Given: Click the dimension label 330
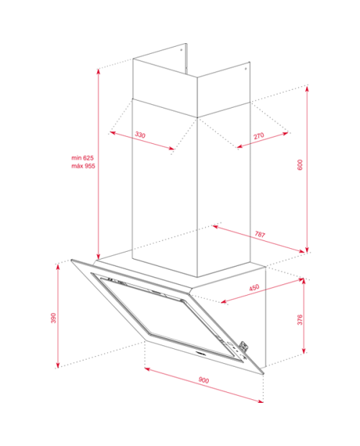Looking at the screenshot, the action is pyautogui.click(x=140, y=135).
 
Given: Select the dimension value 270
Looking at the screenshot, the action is pyautogui.click(x=258, y=136).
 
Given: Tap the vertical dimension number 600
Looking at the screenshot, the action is pyautogui.click(x=300, y=165).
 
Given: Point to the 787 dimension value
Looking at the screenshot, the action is pyautogui.click(x=260, y=234).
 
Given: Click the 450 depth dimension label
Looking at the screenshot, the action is pyautogui.click(x=254, y=288).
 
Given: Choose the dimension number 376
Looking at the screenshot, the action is pyautogui.click(x=300, y=320).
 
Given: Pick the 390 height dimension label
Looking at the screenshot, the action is pyautogui.click(x=53, y=318).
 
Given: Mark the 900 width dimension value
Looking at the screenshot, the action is pyautogui.click(x=204, y=380).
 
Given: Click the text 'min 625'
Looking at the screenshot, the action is pyautogui.click(x=83, y=158).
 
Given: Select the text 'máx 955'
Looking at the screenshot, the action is pyautogui.click(x=83, y=166).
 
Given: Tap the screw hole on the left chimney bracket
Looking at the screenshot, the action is pyautogui.click(x=181, y=50).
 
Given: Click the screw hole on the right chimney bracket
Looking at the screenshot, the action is pyautogui.click(x=246, y=68).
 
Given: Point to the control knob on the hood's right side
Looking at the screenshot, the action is pyautogui.click(x=243, y=346).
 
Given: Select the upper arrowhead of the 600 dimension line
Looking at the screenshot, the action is pyautogui.click(x=307, y=88).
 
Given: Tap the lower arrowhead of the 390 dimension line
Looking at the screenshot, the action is pyautogui.click(x=58, y=365).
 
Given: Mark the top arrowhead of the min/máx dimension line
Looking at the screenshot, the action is pyautogui.click(x=99, y=72).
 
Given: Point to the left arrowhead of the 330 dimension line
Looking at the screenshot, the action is pyautogui.click(x=113, y=132).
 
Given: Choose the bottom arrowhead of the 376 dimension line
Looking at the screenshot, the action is pyautogui.click(x=304, y=350).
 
